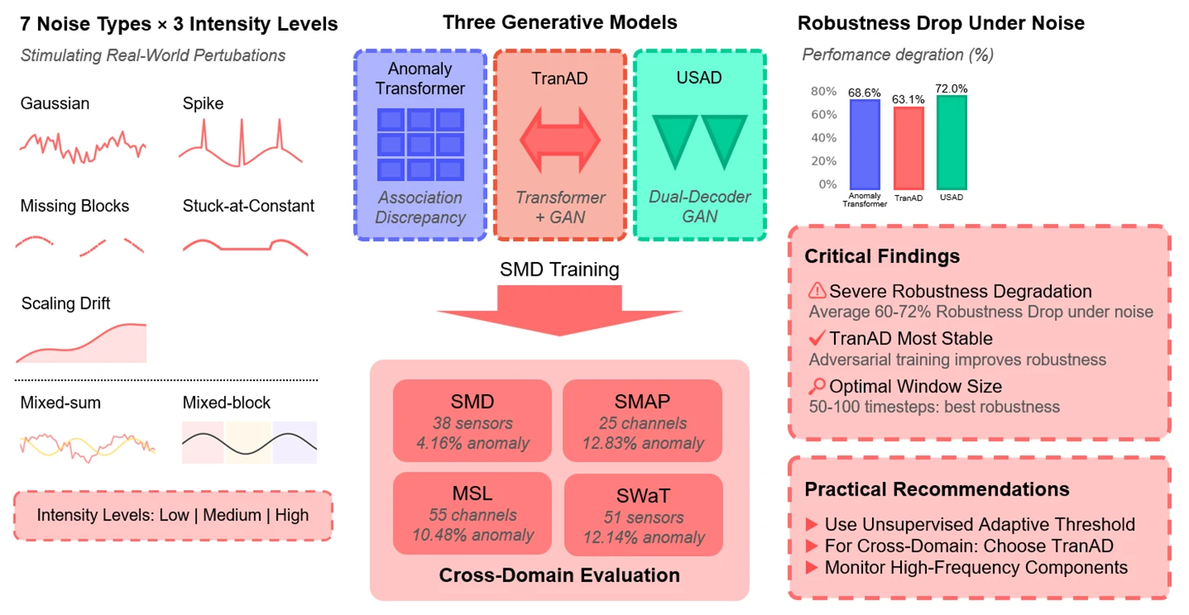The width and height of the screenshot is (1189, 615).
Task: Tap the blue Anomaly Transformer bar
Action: coord(864,144)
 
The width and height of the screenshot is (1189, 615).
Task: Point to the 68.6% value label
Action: coord(864,93)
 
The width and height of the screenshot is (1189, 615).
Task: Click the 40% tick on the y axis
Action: coord(823,138)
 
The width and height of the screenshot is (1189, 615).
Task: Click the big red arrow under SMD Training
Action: coord(559,311)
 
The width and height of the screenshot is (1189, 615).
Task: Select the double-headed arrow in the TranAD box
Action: coord(560,139)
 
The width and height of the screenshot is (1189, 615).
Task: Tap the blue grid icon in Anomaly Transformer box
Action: coord(420,143)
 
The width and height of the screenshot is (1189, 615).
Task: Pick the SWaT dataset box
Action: coord(643,514)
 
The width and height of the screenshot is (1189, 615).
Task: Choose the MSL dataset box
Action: coord(472,512)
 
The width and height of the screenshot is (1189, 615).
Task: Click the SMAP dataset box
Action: coord(642,420)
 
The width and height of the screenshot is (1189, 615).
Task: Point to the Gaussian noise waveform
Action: coord(82,145)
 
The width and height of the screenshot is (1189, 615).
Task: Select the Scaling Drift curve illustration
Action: coord(81,343)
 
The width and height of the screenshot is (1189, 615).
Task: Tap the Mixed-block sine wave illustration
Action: coord(249,443)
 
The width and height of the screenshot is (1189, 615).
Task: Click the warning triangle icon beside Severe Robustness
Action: coord(816,291)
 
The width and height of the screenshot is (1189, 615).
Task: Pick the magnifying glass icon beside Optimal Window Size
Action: coord(816,386)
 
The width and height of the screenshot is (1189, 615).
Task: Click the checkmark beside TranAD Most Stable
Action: coord(816,339)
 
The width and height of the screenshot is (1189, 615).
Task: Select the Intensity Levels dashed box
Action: coord(173,515)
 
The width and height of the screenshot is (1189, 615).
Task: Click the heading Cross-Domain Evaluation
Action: coord(559,576)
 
